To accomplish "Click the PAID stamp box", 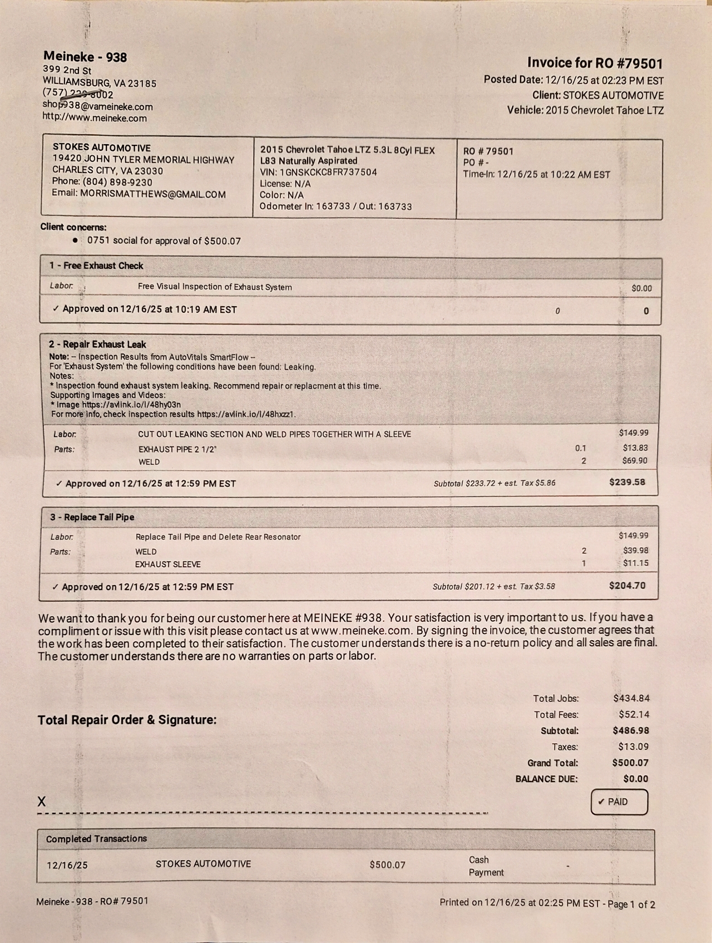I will point(619,802).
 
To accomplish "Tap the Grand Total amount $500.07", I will point(630,763).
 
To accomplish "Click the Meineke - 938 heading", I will point(85,57).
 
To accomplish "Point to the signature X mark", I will point(42,801).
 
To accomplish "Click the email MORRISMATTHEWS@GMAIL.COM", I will point(152,194).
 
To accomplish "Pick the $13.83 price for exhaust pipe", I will point(635,448).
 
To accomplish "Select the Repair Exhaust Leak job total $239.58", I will point(627,482).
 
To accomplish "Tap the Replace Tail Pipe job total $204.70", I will point(627,586).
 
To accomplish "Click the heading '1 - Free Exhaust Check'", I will point(96,266).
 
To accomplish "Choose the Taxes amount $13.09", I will point(634,746).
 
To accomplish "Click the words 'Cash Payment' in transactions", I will point(486,866).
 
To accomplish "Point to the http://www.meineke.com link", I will point(95,118).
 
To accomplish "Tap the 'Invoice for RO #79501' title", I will point(595,63).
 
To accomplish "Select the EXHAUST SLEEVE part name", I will point(167,564).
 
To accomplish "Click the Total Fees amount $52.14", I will point(634,714).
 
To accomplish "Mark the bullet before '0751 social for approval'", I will point(75,240).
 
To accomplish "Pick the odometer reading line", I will point(335,207).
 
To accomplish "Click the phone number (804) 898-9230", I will point(117,182).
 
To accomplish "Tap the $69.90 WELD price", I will point(634,460).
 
